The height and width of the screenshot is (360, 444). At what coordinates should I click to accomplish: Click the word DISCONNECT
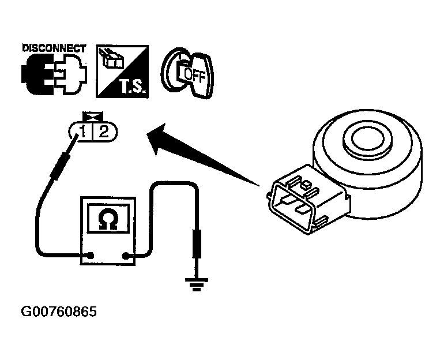tap(54, 48)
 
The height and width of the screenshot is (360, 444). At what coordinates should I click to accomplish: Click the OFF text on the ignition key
tap(194, 75)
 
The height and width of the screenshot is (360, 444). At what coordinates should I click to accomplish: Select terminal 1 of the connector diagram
tap(82, 132)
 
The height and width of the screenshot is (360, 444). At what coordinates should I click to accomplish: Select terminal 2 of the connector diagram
tap(104, 132)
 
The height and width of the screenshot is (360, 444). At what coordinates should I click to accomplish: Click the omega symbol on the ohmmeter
tap(108, 219)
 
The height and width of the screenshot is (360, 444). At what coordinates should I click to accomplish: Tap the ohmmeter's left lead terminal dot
tap(91, 256)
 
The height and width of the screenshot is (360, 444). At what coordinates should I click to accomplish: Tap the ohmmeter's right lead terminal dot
tap(125, 256)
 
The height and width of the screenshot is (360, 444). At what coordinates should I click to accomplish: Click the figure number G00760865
tap(59, 312)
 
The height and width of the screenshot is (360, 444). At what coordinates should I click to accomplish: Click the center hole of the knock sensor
tap(367, 138)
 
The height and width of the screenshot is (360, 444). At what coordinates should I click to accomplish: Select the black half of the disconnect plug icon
tap(37, 74)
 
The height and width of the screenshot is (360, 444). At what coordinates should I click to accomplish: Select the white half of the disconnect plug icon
tap(72, 74)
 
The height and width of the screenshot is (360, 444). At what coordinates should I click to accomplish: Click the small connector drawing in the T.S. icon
tap(112, 59)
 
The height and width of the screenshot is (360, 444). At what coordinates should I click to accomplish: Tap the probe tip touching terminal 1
tap(77, 136)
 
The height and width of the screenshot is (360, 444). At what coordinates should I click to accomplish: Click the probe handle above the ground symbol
tap(197, 243)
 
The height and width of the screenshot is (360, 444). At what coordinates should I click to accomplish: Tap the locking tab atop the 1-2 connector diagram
tap(93, 117)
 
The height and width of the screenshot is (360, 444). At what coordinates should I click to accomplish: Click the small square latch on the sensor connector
tap(306, 186)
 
